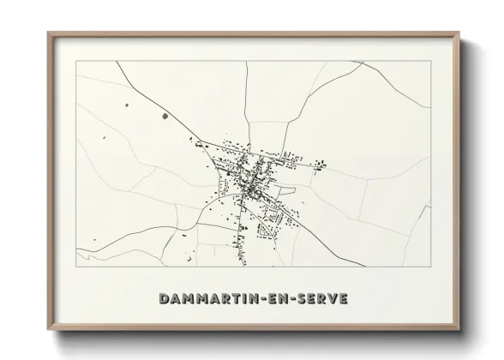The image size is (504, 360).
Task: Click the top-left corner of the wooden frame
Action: (48, 33)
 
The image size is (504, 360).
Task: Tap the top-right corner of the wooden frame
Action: (459, 33)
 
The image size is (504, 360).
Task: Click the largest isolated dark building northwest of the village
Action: (165, 115)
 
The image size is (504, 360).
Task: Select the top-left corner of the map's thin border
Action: (76, 61)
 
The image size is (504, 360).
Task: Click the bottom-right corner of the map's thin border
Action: (430, 267)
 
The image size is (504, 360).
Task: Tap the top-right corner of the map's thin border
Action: (430, 61)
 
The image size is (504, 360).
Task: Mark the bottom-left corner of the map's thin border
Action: (76, 267)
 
